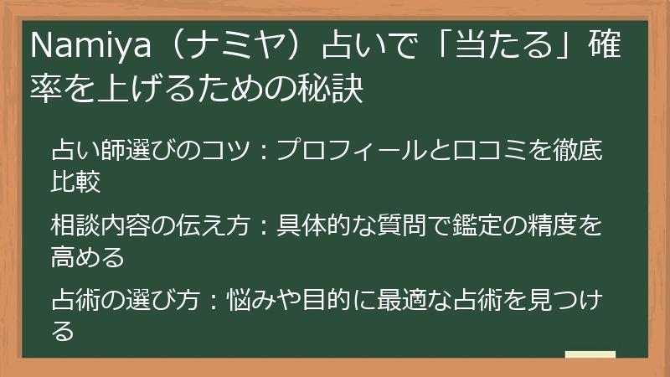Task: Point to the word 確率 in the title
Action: click(616, 48)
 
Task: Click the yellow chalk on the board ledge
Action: click(590, 354)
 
